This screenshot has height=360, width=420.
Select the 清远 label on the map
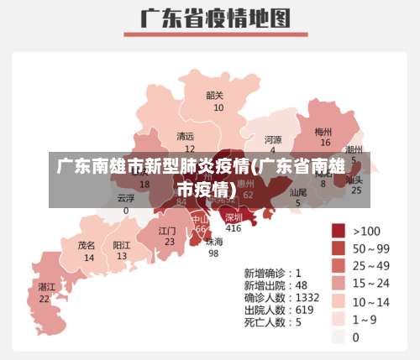(185, 136)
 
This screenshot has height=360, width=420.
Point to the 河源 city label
(273, 139)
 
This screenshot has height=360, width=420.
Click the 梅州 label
(323, 132)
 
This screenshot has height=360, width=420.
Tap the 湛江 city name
(46, 286)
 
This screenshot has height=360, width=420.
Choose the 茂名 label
(87, 246)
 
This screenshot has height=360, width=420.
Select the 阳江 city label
(122, 245)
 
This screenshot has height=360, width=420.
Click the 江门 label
(168, 230)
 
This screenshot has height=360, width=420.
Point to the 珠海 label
(214, 242)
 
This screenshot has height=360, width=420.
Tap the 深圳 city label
(234, 217)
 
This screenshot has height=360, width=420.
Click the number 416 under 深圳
(234, 228)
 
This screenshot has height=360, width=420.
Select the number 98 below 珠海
(213, 253)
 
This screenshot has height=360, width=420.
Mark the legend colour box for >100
(339, 231)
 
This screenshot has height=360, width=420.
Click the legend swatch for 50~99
(339, 248)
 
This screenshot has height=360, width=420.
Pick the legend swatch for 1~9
(339, 319)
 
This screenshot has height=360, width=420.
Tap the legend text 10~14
(371, 301)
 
